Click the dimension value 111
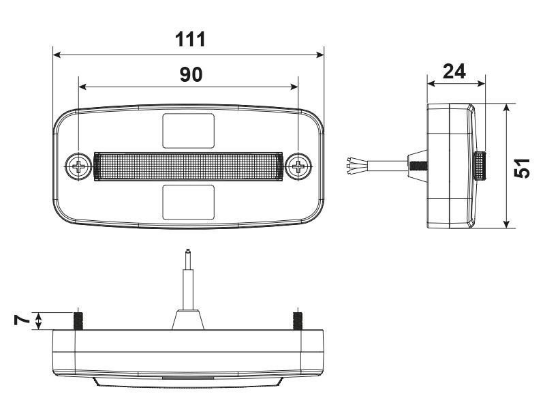[191, 40]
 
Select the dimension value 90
[191, 75]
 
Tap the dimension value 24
[454, 72]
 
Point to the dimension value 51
[522, 168]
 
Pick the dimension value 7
[22, 320]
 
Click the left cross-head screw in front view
[78, 166]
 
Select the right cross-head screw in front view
[298, 166]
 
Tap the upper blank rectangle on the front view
[189, 131]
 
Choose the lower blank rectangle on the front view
[189, 202]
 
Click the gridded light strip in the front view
[189, 166]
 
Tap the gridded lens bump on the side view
[480, 166]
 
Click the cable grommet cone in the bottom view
[188, 320]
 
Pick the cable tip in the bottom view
[188, 252]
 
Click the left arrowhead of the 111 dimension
[57, 55]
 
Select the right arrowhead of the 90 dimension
[294, 87]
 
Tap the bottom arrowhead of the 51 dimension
[506, 224]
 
